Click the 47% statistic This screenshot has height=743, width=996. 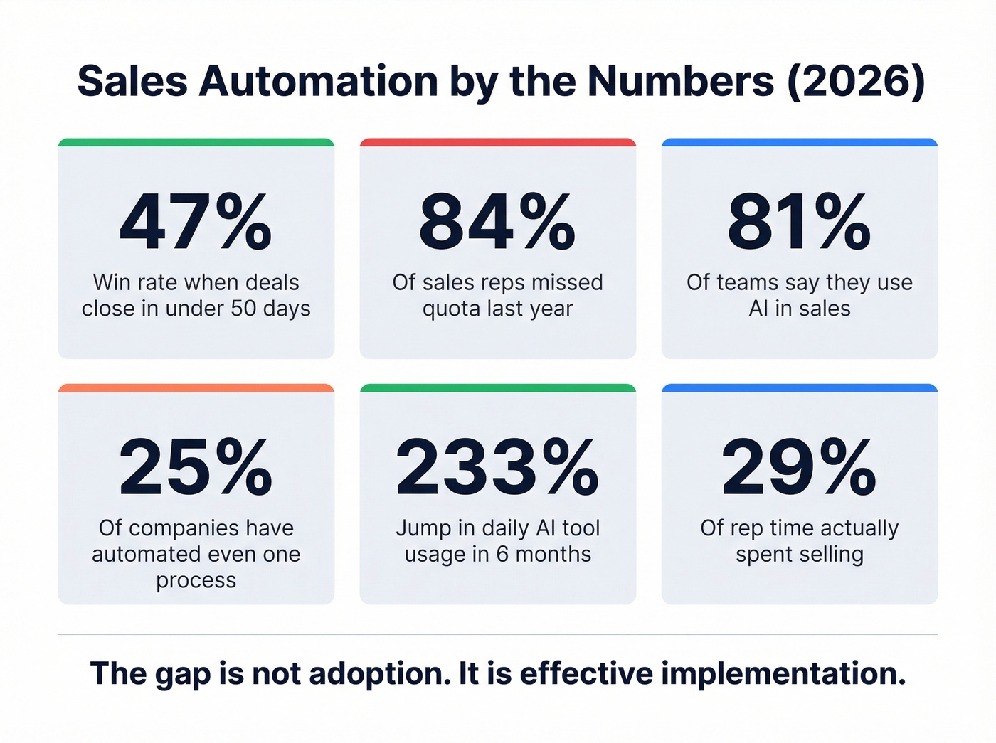pyautogui.click(x=196, y=223)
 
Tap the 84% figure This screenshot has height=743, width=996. pyautogui.click(x=497, y=223)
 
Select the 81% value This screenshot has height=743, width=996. pyautogui.click(x=799, y=223)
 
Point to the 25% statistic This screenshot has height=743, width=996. pyautogui.click(x=196, y=467)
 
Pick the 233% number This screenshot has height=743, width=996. pyautogui.click(x=497, y=467)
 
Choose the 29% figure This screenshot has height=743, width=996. pyautogui.click(x=799, y=467)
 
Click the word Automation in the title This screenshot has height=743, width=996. pyautogui.click(x=319, y=81)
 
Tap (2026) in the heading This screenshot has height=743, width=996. pyautogui.click(x=856, y=81)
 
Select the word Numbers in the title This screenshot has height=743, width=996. pyautogui.click(x=680, y=81)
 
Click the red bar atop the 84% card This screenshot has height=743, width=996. pyautogui.click(x=497, y=142)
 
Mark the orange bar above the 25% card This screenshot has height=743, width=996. pyautogui.click(x=196, y=387)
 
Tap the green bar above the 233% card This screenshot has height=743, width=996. pyautogui.click(x=497, y=387)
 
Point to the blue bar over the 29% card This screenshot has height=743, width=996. pyautogui.click(x=799, y=387)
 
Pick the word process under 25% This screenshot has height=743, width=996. pyautogui.click(x=196, y=581)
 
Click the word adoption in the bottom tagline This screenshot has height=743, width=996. pyautogui.click(x=379, y=673)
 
